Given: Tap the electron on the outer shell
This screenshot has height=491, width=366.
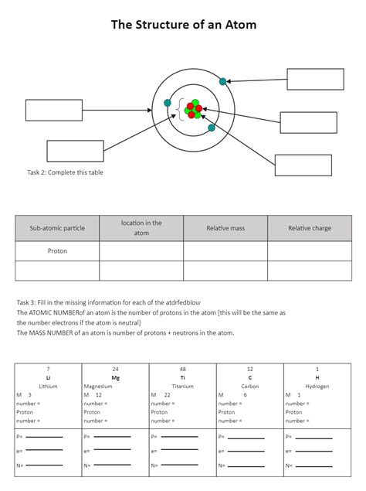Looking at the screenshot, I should click(x=223, y=81).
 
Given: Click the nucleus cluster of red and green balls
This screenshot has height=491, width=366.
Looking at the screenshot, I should click(x=194, y=109).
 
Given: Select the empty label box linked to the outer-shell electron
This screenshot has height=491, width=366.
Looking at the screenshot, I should click(x=315, y=80).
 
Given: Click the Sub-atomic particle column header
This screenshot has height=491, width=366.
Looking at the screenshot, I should click(x=57, y=228).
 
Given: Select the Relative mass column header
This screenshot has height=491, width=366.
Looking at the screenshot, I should click(x=225, y=228).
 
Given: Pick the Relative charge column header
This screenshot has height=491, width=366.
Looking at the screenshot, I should click(x=310, y=228).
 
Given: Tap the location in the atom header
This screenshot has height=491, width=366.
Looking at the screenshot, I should click(x=141, y=228).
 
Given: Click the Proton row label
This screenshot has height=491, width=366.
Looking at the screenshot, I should click(x=57, y=251).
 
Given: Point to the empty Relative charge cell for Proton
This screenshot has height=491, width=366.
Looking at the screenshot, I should click(x=310, y=251).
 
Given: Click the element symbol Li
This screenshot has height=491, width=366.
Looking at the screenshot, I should click(x=48, y=377).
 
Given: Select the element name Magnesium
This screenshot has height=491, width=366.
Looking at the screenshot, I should click(x=98, y=386).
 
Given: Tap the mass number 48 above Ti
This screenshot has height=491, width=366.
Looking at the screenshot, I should click(x=183, y=369).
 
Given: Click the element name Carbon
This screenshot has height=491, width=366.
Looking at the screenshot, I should click(x=249, y=386).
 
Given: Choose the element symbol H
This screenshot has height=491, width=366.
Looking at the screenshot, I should click(x=317, y=377).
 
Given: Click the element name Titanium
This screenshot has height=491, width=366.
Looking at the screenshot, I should click(x=183, y=386).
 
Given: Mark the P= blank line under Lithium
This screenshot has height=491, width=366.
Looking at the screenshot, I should click(x=45, y=438).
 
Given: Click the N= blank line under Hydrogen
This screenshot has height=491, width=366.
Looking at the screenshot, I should click(x=313, y=465).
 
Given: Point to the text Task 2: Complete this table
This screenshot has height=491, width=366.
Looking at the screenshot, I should click(x=65, y=172).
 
